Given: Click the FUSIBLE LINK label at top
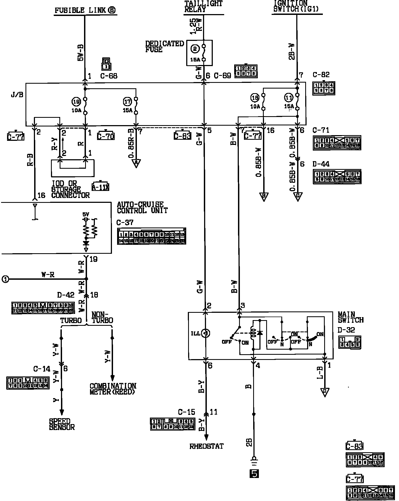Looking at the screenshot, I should click(x=85, y=11).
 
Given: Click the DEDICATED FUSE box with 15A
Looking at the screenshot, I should click(x=199, y=53).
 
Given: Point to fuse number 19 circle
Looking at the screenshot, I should click(x=76, y=102).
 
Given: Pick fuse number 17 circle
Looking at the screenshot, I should click(x=127, y=102).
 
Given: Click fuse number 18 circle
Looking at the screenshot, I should click(x=255, y=98).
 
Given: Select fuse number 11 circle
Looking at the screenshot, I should click(x=289, y=98).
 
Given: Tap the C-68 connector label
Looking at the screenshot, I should click(x=109, y=76).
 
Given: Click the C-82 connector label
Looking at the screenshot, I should click(x=321, y=75).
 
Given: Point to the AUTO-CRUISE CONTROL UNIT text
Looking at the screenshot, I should click(x=142, y=207).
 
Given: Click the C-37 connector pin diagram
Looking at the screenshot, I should click(x=152, y=236).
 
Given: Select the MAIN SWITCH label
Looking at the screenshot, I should click(x=350, y=317).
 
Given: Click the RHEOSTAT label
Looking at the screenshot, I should click(x=207, y=446).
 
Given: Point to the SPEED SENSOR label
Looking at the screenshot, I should click(x=62, y=424).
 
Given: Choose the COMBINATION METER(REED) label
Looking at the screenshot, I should click(x=113, y=389).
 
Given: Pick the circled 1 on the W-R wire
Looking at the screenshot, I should click(x=5, y=279).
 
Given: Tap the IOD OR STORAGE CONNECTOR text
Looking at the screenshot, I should click(x=70, y=189).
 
